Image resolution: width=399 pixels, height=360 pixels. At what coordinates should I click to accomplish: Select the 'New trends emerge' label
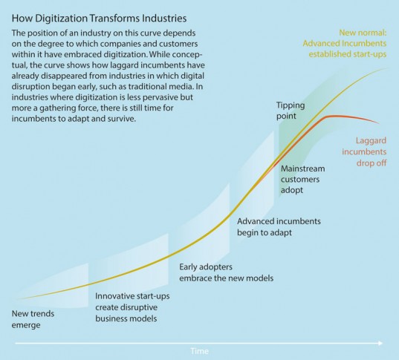pyautogui.click(x=33, y=318)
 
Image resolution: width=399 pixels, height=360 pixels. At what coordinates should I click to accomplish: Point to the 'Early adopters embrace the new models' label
pyautogui.click(x=227, y=272)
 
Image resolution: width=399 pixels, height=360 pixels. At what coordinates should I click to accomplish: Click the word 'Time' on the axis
pyautogui.click(x=200, y=350)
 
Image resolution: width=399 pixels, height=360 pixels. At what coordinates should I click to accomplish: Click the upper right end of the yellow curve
pyautogui.click(x=386, y=69)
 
